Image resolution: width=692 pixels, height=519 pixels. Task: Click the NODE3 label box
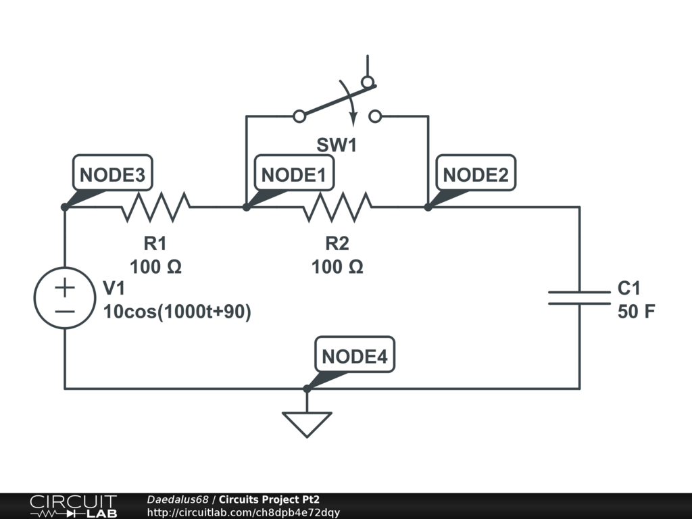tap(113, 172)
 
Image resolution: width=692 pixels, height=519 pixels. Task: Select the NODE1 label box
tap(294, 172)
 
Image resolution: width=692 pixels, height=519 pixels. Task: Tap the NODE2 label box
tap(476, 172)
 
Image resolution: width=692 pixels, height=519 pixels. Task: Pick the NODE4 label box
tap(354, 354)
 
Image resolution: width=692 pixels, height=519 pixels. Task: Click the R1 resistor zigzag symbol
tap(156, 207)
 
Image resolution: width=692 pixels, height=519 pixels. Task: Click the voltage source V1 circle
tap(65, 298)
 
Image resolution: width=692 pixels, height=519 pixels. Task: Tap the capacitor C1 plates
tap(579, 298)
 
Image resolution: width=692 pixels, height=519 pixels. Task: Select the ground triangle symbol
tap(307, 424)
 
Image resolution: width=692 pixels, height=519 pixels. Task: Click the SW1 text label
tap(337, 145)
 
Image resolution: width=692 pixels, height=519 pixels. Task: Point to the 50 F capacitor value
tap(636, 312)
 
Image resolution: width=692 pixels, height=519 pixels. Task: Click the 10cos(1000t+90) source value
tap(177, 312)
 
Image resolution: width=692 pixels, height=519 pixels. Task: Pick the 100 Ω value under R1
tap(156, 267)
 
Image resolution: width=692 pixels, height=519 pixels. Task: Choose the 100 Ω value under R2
tap(338, 267)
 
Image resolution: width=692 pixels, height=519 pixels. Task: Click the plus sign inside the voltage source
tap(65, 288)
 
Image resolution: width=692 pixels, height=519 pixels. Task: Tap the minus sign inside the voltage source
tap(65, 312)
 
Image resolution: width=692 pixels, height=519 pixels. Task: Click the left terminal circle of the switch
tap(299, 116)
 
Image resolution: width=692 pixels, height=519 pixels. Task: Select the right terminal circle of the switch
tap(375, 116)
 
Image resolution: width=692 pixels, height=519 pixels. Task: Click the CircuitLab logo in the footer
tap(73, 506)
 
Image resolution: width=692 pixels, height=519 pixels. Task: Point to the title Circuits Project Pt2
tap(269, 499)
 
